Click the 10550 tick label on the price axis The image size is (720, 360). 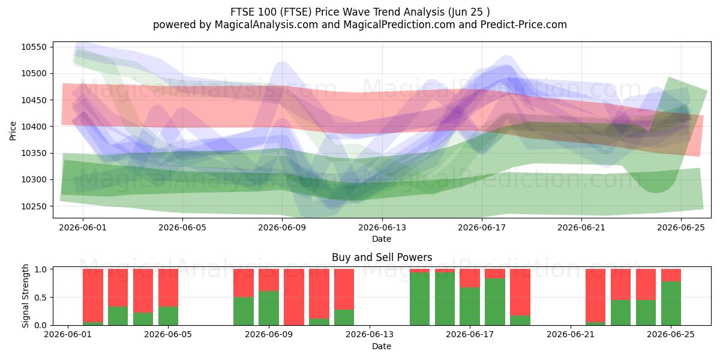[x=34, y=47]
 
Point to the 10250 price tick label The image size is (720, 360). [x=34, y=206]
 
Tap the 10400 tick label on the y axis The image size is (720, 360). [x=34, y=127]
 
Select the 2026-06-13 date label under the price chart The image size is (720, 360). [x=382, y=227]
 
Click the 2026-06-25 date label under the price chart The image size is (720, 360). [x=681, y=227]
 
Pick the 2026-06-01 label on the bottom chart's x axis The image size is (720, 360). [x=68, y=334]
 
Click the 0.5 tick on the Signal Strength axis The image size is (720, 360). [x=40, y=298]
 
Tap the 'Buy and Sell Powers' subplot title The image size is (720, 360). [x=382, y=257]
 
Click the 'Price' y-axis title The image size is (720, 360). [x=13, y=131]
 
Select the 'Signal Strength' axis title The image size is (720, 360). [x=25, y=296]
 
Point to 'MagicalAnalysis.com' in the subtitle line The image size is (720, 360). [x=266, y=25]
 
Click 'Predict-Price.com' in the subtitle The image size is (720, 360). [x=524, y=25]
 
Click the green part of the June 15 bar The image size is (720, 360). [x=420, y=299]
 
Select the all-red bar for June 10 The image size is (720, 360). [x=294, y=297]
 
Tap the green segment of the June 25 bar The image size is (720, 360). [x=671, y=303]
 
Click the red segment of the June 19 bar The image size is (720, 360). [x=520, y=292]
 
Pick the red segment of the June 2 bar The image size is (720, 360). [x=93, y=295]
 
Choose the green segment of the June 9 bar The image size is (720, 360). [x=269, y=308]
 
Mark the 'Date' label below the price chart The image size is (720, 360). [x=382, y=239]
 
